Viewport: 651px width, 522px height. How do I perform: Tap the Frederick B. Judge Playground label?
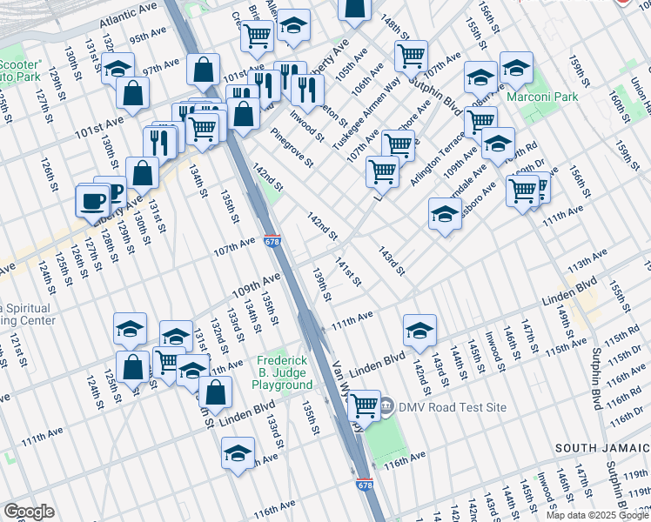[284, 373]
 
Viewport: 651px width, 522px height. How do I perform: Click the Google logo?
[29, 512]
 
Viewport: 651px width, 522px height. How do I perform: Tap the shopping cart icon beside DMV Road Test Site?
[364, 405]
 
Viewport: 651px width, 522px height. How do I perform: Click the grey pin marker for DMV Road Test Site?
[386, 406]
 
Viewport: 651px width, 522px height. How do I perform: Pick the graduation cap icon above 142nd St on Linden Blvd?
[419, 330]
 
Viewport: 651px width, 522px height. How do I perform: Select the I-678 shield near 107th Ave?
[272, 241]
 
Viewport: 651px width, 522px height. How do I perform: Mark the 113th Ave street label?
[587, 260]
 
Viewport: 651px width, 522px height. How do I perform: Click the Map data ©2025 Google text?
[596, 515]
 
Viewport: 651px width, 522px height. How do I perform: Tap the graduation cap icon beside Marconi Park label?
[516, 68]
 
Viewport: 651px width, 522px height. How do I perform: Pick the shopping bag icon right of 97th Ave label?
[203, 71]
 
